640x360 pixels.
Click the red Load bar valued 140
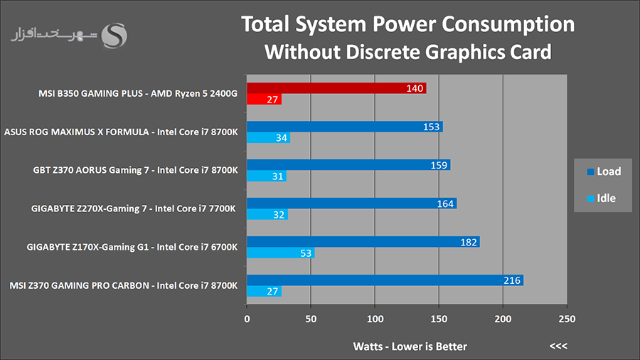pos(336,88)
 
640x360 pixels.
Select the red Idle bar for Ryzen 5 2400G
pos(264,100)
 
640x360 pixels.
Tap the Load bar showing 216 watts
pos(385,280)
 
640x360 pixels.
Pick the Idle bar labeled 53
pos(280,253)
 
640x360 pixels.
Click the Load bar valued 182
pos(363,242)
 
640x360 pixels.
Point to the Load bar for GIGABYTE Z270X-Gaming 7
pos(351,203)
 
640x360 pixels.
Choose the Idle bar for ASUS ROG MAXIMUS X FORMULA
pos(268,138)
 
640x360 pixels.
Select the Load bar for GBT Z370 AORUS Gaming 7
pos(348,165)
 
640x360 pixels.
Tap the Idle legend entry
pos(602,198)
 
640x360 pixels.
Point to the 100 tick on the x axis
pos(375,319)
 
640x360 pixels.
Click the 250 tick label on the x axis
pos(567,319)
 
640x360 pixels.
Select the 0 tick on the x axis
pos(247,319)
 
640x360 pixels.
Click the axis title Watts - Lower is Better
pos(410,346)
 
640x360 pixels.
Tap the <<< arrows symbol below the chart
pos(559,346)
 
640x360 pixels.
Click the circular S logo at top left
pos(114,36)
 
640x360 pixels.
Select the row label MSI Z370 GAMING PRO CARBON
pos(124,286)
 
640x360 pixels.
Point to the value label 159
pos(439,165)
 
